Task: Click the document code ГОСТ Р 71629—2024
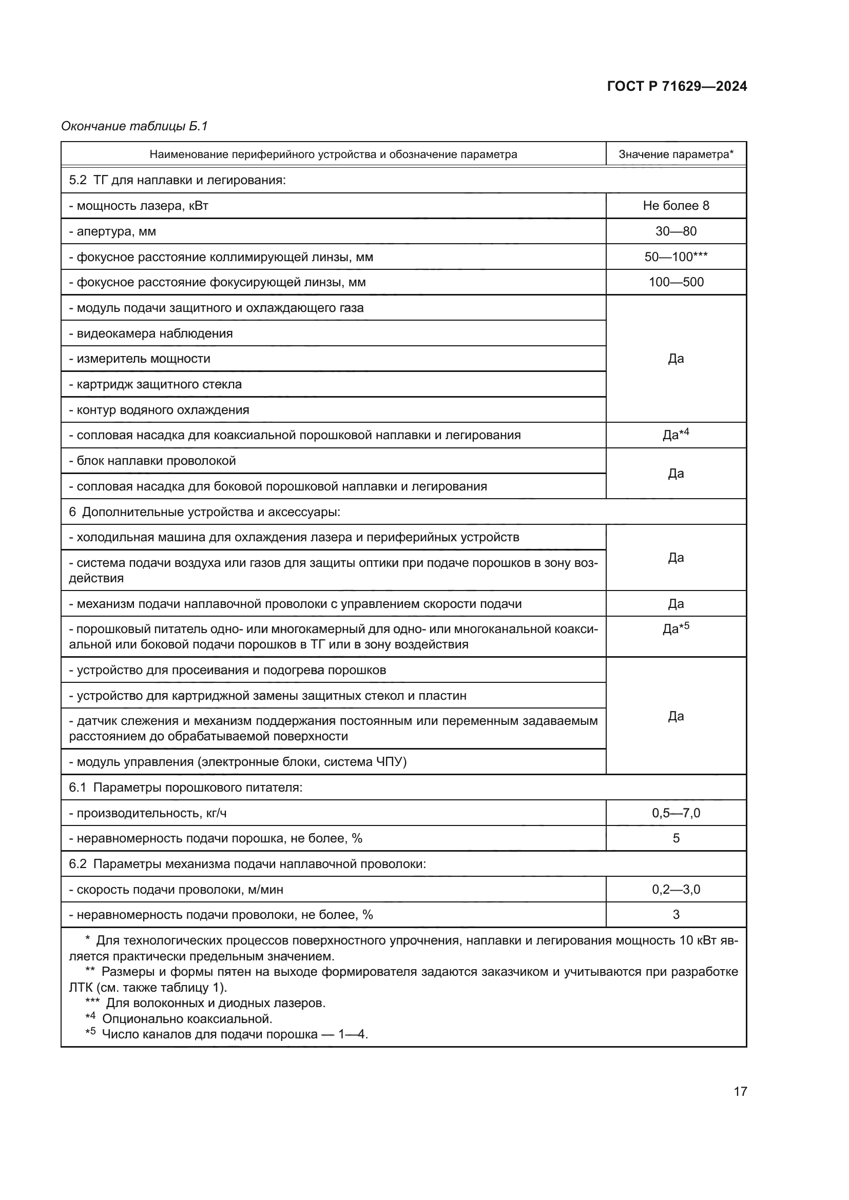tap(677, 86)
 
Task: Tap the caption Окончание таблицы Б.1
tap(134, 126)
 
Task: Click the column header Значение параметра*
tap(676, 154)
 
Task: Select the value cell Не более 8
tap(676, 205)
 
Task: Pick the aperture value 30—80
tap(676, 231)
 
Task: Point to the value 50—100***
tap(676, 257)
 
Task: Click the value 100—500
tap(676, 282)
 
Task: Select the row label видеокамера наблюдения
tap(154, 333)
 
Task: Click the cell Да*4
tap(676, 435)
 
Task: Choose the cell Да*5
tap(676, 628)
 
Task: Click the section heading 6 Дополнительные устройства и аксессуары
tap(204, 512)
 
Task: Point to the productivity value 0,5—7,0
tap(676, 813)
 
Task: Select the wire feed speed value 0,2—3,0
tap(676, 890)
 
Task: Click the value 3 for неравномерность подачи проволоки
tap(676, 915)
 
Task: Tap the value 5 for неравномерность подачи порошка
tap(676, 838)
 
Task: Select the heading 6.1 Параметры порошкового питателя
tap(186, 788)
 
